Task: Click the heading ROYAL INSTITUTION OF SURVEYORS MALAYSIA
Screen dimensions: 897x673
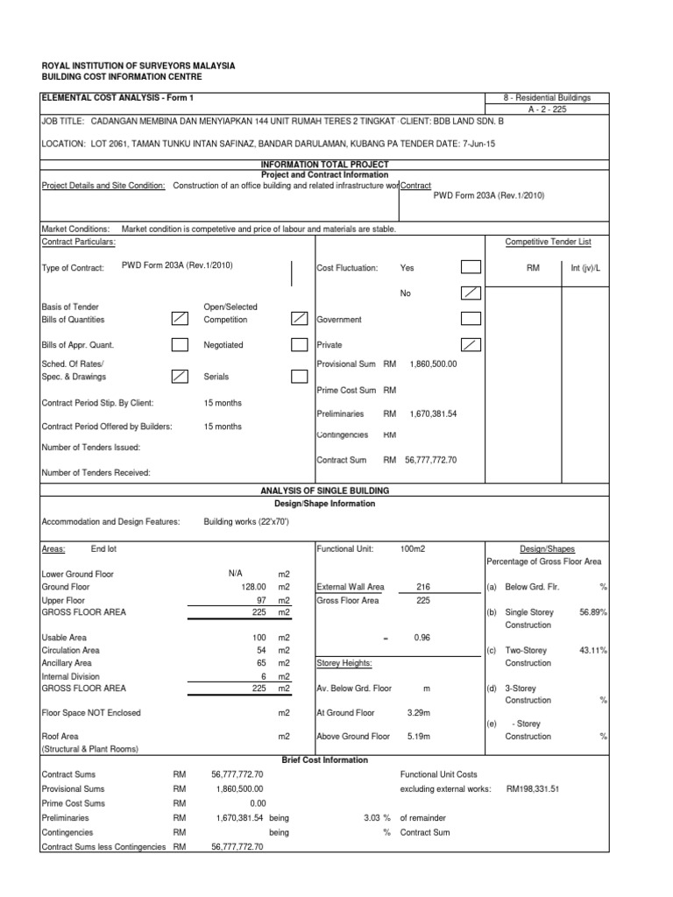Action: point(138,67)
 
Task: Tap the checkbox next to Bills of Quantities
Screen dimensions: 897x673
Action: point(180,320)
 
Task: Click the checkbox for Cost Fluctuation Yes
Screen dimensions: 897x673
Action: point(471,268)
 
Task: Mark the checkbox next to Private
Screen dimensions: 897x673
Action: point(471,345)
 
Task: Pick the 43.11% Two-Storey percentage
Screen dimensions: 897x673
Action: point(592,650)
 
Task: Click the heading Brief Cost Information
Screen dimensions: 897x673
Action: point(325,759)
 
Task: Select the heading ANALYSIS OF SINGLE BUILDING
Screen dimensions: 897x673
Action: point(325,491)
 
